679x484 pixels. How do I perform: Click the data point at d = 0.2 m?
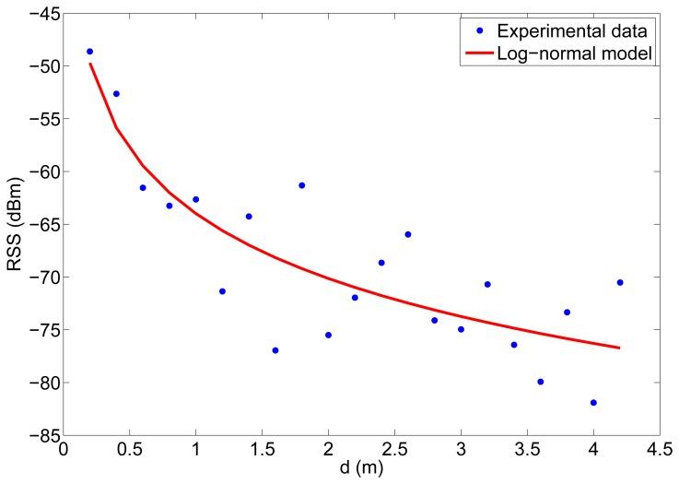click(89, 52)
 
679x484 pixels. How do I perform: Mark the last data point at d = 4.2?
click(620, 282)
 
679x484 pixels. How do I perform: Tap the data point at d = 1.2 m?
click(222, 291)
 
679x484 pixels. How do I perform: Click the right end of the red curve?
click(620, 348)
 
